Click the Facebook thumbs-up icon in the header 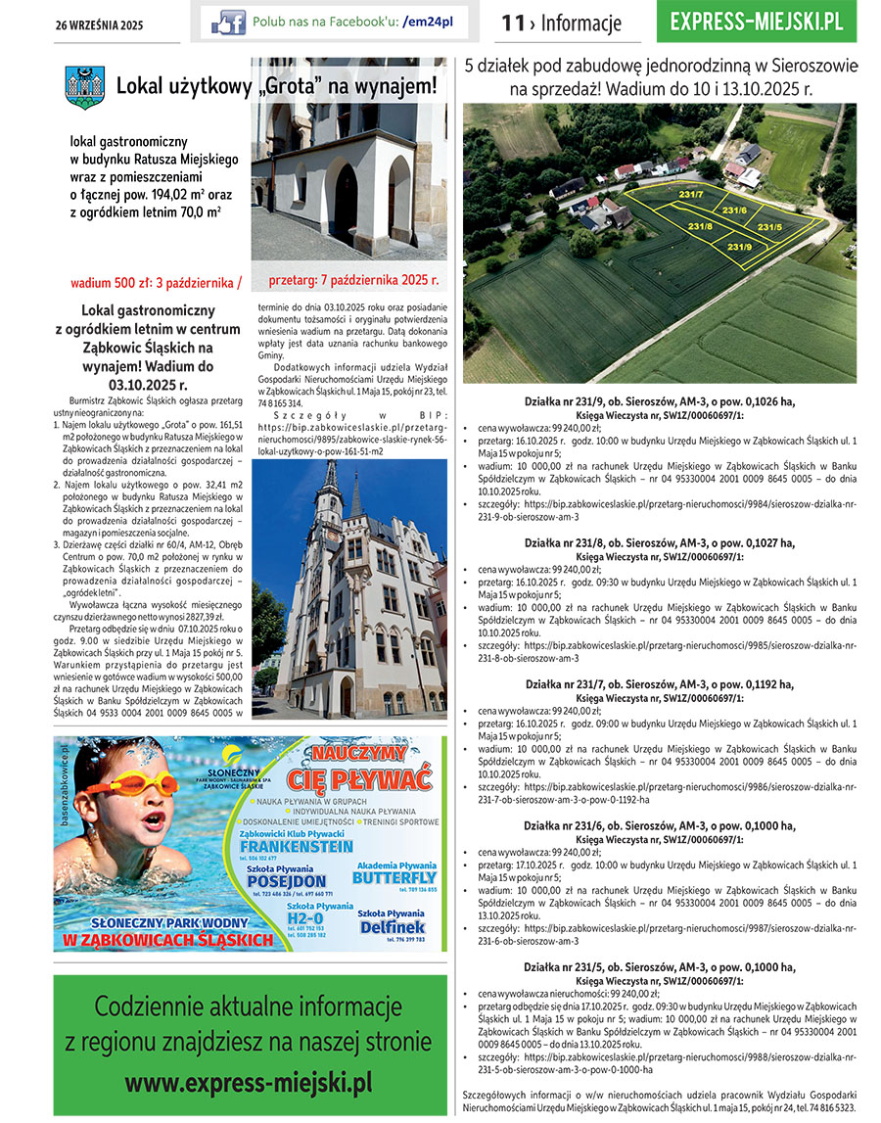pyautogui.click(x=229, y=22)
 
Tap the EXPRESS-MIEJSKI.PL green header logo pyautogui.click(x=757, y=23)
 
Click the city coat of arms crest pyautogui.click(x=84, y=87)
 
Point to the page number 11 pyautogui.click(x=512, y=23)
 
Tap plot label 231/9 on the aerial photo pyautogui.click(x=739, y=247)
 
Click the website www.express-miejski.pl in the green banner pyautogui.click(x=249, y=1083)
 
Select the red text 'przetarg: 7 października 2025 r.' pyautogui.click(x=353, y=280)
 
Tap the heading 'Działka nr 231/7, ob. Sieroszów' pyautogui.click(x=659, y=685)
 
